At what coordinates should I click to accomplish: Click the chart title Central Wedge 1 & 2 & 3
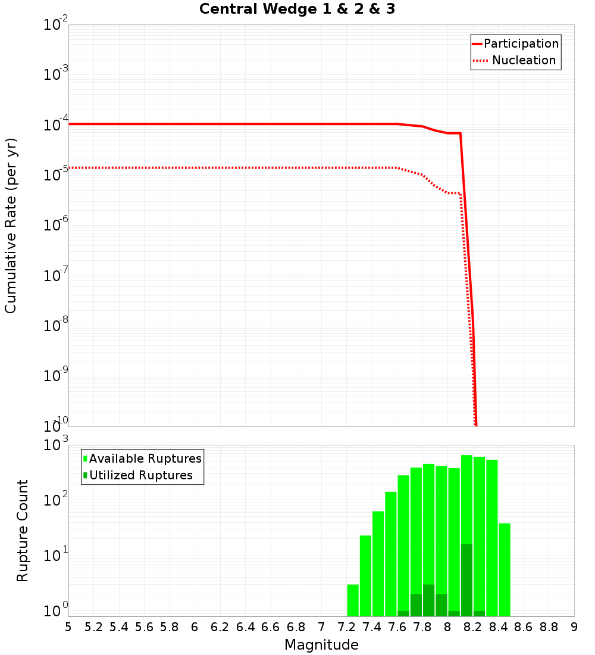(x=297, y=10)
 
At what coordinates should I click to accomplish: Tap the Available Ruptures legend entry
(x=145, y=459)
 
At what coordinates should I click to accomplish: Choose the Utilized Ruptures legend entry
(x=140, y=476)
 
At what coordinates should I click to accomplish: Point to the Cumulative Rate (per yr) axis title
(x=11, y=225)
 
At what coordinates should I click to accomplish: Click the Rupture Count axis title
(x=23, y=531)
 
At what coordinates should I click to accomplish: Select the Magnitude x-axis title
(x=321, y=645)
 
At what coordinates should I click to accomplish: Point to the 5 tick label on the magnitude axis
(x=68, y=627)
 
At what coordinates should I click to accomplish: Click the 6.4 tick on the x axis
(x=245, y=627)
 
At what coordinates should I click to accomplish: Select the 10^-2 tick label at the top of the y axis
(x=55, y=25)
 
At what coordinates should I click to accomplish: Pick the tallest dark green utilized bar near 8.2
(x=466, y=581)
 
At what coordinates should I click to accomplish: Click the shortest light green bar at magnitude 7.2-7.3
(x=353, y=600)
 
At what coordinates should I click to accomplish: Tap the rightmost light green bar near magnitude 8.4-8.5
(x=505, y=569)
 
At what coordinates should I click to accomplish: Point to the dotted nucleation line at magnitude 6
(x=195, y=168)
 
